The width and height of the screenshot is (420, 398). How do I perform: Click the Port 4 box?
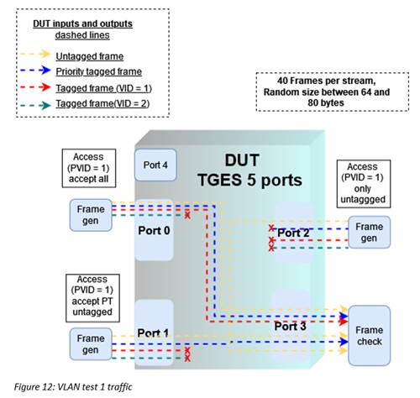155,165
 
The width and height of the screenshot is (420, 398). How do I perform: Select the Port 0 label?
154,231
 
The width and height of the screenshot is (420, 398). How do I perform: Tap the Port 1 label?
153,333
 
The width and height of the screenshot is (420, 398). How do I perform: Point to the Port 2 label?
293,233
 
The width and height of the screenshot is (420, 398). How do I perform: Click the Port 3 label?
290,326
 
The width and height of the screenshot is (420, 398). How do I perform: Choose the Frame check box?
370,336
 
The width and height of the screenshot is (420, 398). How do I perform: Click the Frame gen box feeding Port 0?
91,215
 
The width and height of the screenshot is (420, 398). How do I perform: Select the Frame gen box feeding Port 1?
91,344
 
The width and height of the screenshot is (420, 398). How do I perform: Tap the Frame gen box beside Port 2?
370,233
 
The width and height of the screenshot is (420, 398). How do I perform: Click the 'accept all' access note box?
89,168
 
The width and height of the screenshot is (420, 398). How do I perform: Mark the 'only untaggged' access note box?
364,184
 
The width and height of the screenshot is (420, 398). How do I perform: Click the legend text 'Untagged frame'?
90,56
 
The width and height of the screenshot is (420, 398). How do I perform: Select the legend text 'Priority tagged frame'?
98,71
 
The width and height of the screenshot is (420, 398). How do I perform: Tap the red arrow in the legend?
35,87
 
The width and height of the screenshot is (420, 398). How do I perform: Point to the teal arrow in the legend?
35,106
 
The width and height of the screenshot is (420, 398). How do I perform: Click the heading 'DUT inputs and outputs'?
82,24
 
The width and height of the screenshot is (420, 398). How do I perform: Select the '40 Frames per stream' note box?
333,92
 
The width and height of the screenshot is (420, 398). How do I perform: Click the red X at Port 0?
187,215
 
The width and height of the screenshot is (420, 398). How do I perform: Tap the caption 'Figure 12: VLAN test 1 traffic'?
73,387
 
